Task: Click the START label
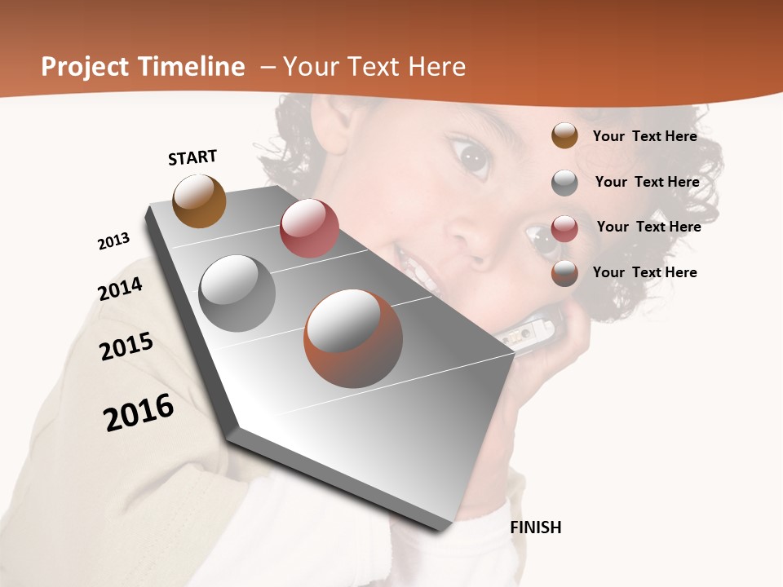click(x=192, y=157)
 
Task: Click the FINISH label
click(x=536, y=527)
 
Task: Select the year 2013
click(x=114, y=241)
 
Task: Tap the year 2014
click(x=121, y=289)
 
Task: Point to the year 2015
click(x=126, y=346)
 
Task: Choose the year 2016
click(x=139, y=413)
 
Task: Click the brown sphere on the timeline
click(x=199, y=201)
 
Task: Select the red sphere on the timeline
click(x=309, y=228)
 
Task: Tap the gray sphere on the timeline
click(x=237, y=293)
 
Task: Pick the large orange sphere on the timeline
click(x=353, y=338)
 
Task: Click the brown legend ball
click(x=564, y=136)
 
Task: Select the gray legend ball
click(x=564, y=183)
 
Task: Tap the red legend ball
click(x=564, y=228)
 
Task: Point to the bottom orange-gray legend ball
click(x=564, y=274)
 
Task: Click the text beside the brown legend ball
click(x=644, y=136)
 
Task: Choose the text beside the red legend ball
click(x=648, y=227)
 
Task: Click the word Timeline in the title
click(x=187, y=67)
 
